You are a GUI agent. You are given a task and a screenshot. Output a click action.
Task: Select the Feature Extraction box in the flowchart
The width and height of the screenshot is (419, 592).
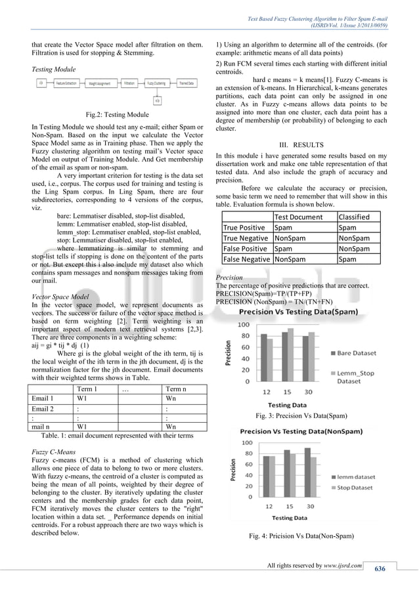[x=66, y=84]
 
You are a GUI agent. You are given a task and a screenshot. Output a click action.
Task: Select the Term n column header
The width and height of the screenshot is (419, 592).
[x=175, y=389]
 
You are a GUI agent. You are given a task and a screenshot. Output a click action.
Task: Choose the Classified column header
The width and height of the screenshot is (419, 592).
[x=354, y=217]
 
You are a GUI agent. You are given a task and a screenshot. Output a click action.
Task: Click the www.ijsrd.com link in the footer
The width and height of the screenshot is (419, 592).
[x=342, y=565]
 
